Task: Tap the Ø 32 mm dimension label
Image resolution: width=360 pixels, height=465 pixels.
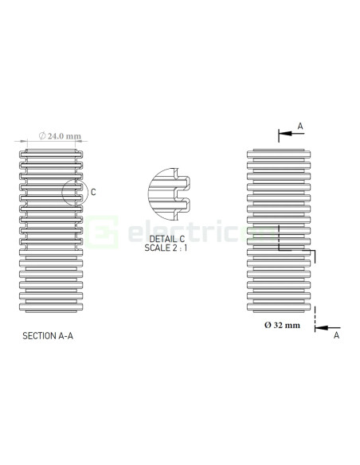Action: tap(282, 325)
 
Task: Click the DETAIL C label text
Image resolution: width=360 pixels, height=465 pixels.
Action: tap(166, 238)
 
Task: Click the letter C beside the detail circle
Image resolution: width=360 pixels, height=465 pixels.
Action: tap(93, 192)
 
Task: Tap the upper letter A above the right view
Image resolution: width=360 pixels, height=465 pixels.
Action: tap(299, 126)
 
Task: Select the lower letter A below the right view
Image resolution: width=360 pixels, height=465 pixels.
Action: tap(335, 336)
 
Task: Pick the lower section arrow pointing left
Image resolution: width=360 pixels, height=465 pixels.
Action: tap(328, 326)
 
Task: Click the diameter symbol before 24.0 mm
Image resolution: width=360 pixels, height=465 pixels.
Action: tap(41, 136)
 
